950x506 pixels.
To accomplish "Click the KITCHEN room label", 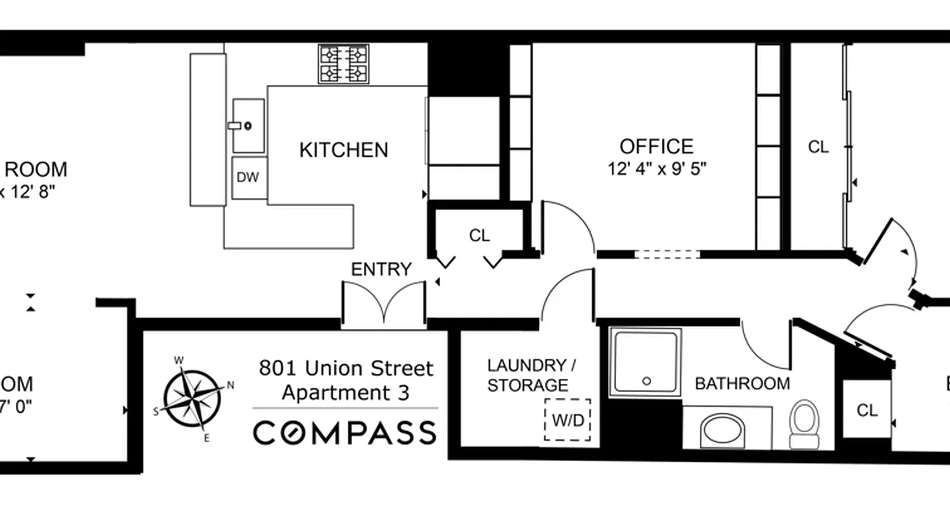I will (x=343, y=150).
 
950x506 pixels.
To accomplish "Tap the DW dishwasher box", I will (x=248, y=178).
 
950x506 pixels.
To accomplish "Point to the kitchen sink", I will (x=248, y=125).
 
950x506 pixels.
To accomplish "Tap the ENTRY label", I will (x=381, y=269).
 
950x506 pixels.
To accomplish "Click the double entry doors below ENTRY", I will (x=383, y=305).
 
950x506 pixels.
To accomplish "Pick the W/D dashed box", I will (x=567, y=419).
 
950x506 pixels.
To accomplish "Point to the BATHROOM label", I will (x=742, y=383).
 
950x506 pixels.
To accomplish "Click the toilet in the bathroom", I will (x=805, y=423).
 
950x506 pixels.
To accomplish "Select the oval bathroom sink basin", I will (x=723, y=430).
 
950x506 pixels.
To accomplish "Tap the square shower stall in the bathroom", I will (x=645, y=362).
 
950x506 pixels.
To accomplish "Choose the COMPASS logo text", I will (x=345, y=433).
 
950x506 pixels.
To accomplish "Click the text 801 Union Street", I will (x=346, y=368).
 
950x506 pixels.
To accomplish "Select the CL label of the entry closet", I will (x=479, y=236).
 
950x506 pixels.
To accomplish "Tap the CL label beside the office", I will (x=818, y=147).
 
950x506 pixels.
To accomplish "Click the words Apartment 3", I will (x=346, y=393).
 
